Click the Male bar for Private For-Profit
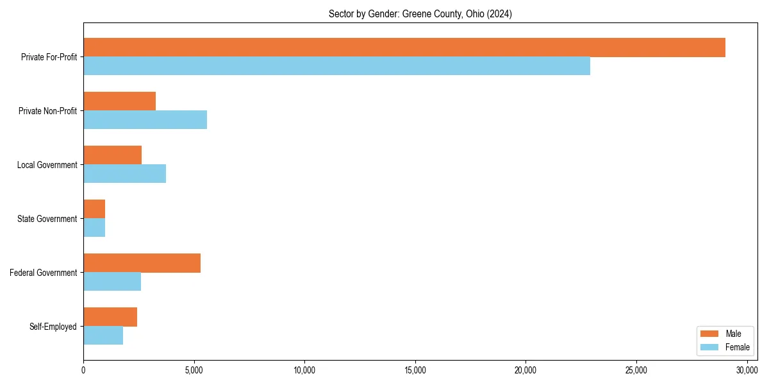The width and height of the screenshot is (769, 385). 404,47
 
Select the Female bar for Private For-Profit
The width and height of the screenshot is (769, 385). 336,66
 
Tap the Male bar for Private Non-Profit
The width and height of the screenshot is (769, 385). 119,101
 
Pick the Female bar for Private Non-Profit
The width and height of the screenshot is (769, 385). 145,120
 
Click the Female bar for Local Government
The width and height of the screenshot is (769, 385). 124,174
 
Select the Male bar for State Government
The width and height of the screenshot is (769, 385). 94,209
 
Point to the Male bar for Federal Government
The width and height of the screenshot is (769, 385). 142,263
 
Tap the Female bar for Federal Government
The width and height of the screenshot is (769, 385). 112,282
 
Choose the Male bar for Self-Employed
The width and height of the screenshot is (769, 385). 110,317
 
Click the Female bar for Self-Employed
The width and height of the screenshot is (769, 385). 103,336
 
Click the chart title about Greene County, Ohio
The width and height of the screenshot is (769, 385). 420,13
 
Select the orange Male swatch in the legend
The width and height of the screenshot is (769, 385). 709,334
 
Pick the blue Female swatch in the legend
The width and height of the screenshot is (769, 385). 709,347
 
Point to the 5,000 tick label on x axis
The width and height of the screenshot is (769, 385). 194,370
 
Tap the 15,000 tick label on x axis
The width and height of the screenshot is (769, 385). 415,370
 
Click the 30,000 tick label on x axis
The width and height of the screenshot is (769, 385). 747,370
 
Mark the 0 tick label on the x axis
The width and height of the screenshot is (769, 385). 83,370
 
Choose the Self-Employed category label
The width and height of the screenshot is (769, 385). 53,327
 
